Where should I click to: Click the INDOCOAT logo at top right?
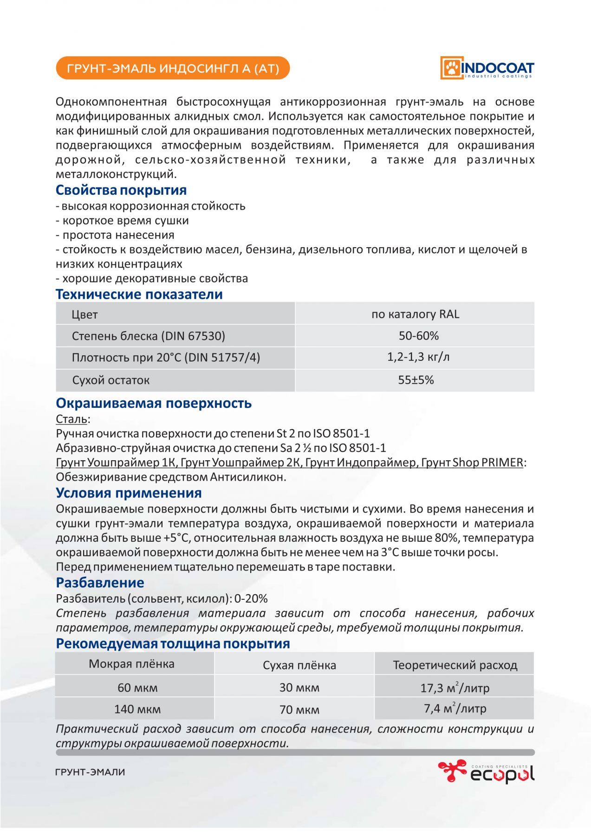pos(487,68)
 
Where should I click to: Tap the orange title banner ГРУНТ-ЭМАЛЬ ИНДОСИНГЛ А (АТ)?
pos(173,68)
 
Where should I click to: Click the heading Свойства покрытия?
pos(121,190)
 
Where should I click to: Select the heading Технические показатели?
pos(139,294)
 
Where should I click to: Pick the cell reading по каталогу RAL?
pos(415,314)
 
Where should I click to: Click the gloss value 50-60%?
pos(418,335)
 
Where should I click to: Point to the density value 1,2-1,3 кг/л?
pos(418,357)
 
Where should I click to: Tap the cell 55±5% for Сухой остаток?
pos(416,380)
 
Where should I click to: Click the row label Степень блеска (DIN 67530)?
pos(148,336)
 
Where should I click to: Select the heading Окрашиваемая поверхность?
pos(154,403)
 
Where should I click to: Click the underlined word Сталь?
pos(71,419)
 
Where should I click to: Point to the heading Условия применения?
pos(129,493)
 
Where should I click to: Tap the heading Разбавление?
pos(100,582)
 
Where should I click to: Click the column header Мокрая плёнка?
pos(131,664)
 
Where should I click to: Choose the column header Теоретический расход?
pos(455,665)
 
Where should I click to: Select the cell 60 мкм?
pos(137,687)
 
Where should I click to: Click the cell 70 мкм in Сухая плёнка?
pos(299,710)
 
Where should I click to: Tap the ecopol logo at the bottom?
pos(486,772)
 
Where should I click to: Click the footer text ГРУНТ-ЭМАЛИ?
pos(90,772)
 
